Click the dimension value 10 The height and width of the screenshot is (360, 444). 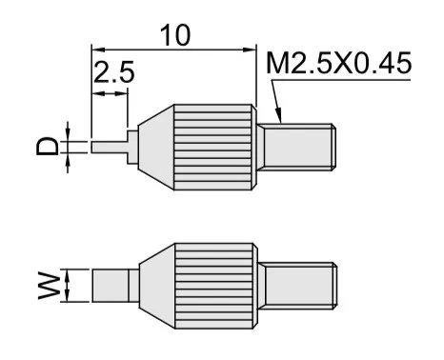(x=175, y=35)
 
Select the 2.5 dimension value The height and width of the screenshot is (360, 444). (x=114, y=72)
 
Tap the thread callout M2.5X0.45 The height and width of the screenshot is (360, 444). (x=339, y=63)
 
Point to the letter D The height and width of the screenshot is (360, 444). (x=48, y=146)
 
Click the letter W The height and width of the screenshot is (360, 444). (x=49, y=286)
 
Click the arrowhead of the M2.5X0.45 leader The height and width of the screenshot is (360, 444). (x=278, y=116)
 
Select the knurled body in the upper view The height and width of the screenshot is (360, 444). (x=215, y=147)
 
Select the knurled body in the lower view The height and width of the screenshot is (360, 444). (x=216, y=286)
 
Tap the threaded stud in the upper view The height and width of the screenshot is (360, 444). (x=296, y=147)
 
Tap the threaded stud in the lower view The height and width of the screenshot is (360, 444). (x=297, y=286)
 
